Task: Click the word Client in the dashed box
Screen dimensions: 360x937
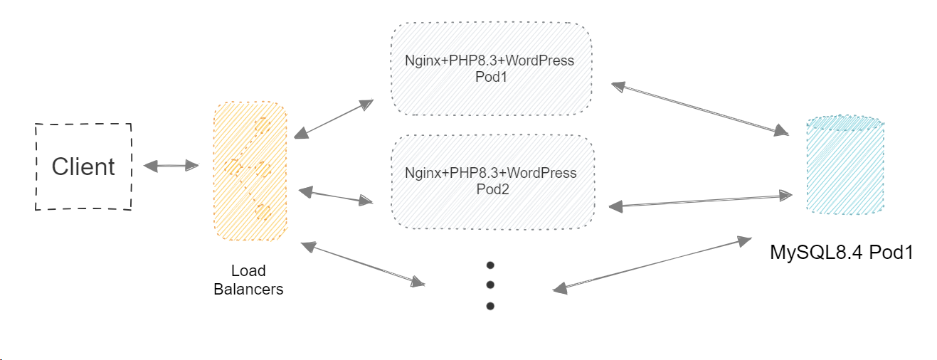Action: (x=83, y=166)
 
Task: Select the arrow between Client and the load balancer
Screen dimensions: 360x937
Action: (x=171, y=166)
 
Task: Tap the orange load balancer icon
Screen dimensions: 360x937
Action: (x=250, y=171)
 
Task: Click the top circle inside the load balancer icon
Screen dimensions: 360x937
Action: (x=263, y=126)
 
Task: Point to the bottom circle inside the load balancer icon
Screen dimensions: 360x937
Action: (x=264, y=212)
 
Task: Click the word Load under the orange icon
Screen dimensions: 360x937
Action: (x=248, y=271)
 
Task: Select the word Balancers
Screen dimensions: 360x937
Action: (x=248, y=290)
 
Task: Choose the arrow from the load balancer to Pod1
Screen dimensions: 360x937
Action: (x=334, y=118)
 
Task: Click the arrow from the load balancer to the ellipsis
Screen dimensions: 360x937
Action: (x=363, y=264)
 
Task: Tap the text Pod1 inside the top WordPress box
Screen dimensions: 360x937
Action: (x=491, y=76)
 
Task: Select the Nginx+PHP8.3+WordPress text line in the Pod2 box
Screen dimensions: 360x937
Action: (x=490, y=173)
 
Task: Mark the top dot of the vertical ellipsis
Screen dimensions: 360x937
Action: (x=490, y=265)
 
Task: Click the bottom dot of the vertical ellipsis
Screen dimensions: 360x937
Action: (x=490, y=307)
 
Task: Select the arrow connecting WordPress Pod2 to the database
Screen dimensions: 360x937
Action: (x=701, y=199)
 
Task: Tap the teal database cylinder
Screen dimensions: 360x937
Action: (x=845, y=165)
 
